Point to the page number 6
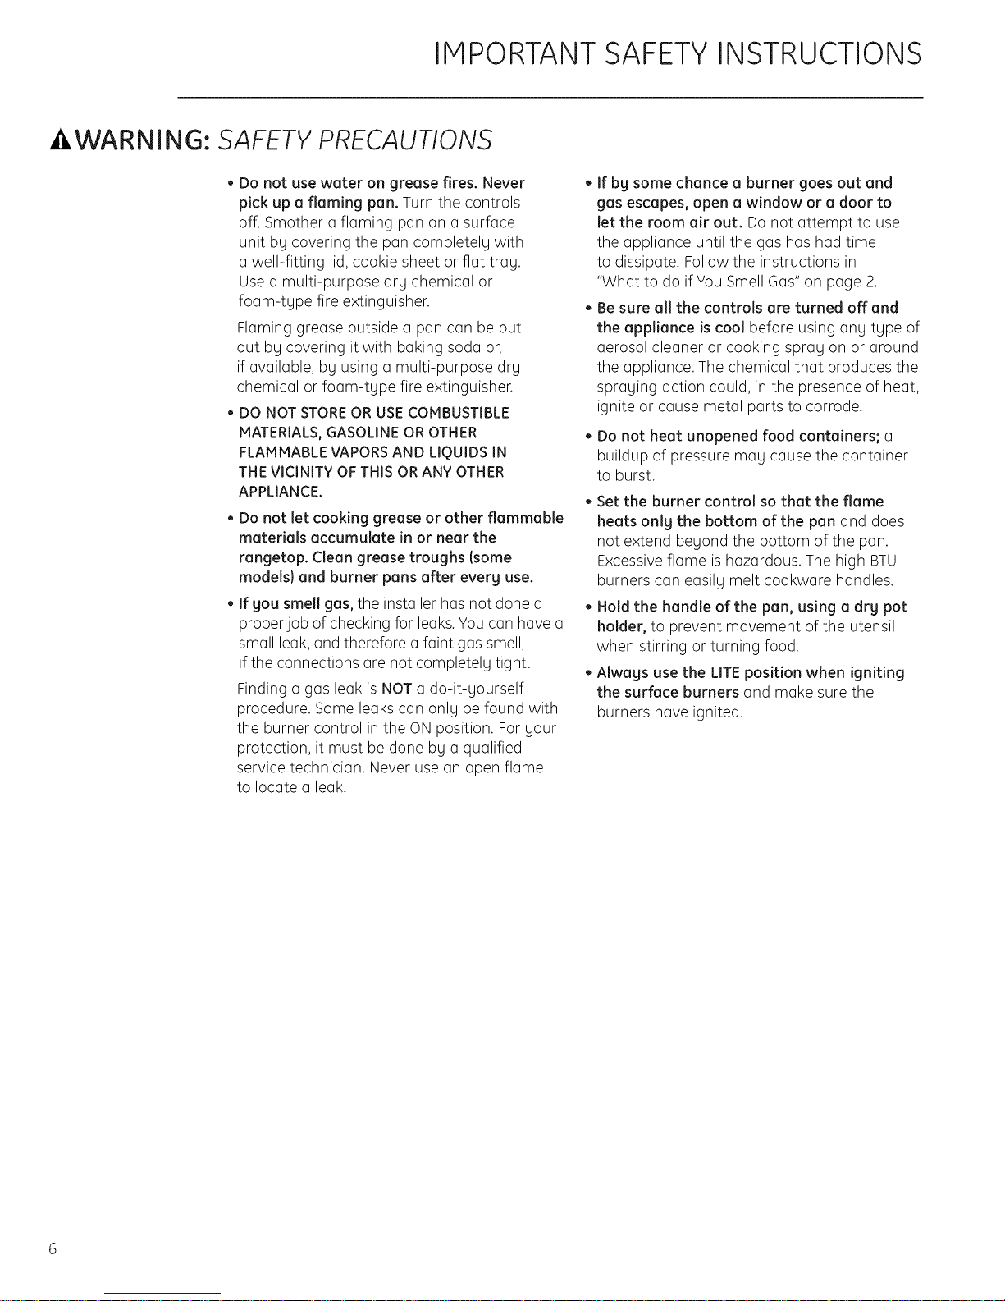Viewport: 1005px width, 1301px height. [x=53, y=1249]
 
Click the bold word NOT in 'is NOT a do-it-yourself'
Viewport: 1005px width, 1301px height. [x=396, y=689]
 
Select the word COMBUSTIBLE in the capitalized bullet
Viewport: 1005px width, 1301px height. [x=459, y=413]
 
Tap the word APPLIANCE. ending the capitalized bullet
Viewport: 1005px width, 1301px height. [x=280, y=492]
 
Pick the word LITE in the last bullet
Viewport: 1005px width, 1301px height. [x=723, y=673]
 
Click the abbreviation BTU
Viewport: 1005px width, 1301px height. [x=882, y=561]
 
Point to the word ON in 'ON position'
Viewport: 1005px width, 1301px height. [x=418, y=728]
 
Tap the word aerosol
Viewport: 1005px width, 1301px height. [x=621, y=347]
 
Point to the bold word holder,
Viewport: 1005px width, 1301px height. [x=621, y=626]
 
